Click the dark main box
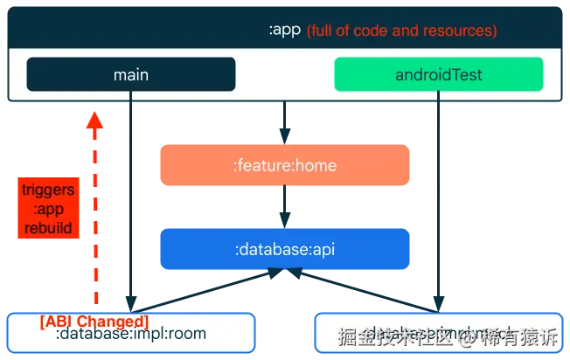131,74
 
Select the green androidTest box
438,74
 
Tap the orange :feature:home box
284,165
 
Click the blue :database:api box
284,249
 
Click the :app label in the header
284,30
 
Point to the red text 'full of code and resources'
402,31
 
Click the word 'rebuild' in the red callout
47,229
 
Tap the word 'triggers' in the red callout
47,190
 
